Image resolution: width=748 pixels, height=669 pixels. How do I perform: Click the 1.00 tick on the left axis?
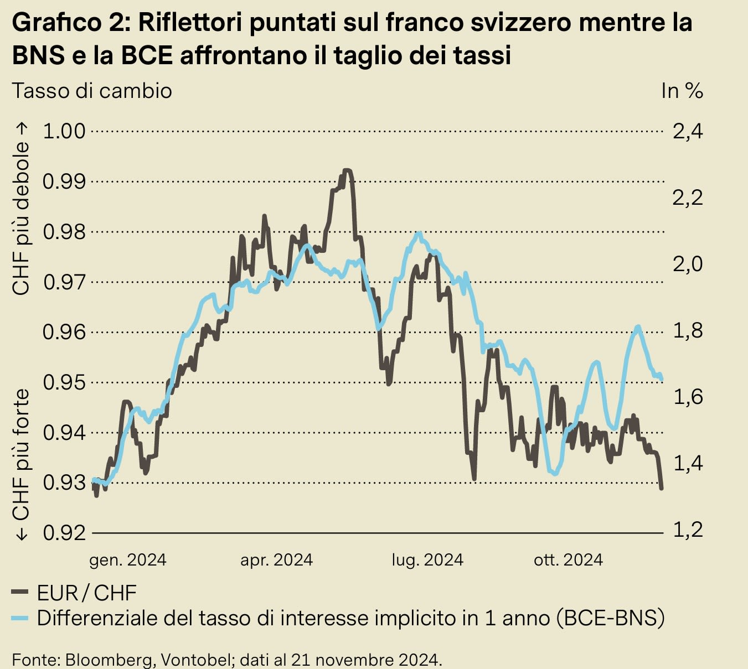(x=64, y=131)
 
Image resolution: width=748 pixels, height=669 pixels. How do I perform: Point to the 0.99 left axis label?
(x=64, y=181)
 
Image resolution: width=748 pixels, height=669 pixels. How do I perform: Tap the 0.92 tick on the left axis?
(x=64, y=533)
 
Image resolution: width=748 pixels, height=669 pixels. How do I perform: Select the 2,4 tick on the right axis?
(x=687, y=131)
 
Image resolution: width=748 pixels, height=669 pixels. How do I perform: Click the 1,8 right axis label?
(x=687, y=330)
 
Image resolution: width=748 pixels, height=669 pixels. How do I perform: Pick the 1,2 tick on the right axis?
(x=687, y=530)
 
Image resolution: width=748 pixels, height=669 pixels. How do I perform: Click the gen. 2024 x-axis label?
(x=128, y=560)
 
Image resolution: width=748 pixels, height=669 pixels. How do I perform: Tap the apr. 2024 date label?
(x=276, y=560)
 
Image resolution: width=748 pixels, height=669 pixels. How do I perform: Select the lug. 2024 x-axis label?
(x=427, y=560)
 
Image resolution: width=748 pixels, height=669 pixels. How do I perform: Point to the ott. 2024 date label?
(x=568, y=560)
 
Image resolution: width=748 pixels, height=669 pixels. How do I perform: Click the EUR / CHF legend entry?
(x=86, y=593)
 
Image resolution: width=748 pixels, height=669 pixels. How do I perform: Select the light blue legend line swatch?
(x=20, y=618)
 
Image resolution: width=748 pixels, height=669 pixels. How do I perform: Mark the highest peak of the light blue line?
(x=420, y=233)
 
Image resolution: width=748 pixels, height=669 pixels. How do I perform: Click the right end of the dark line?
(x=662, y=489)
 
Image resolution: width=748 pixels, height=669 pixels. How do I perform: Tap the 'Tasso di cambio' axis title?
(x=92, y=91)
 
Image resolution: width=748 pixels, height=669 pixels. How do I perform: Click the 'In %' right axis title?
(x=682, y=91)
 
